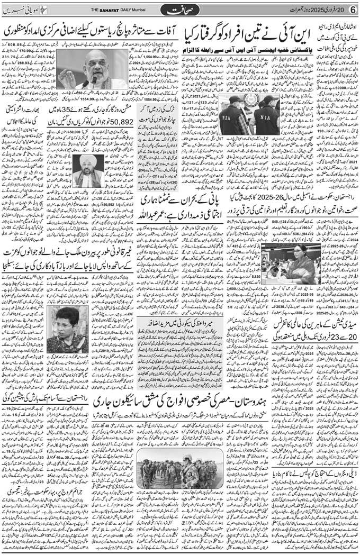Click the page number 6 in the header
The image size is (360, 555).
[353, 10]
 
